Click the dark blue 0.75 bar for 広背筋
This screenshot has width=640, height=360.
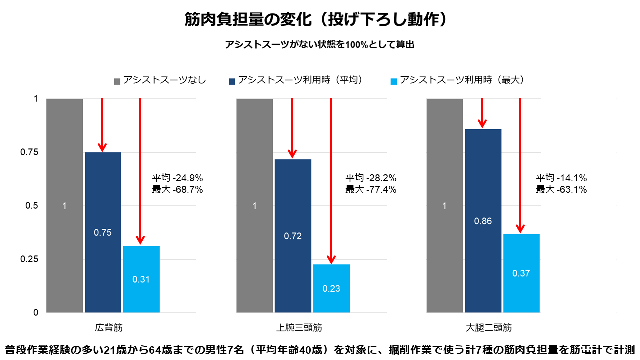[x=103, y=232]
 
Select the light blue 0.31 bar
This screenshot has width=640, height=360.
[x=141, y=279]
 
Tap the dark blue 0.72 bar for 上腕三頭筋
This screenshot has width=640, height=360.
[x=293, y=236]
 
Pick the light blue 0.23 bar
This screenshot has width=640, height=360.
[x=331, y=288]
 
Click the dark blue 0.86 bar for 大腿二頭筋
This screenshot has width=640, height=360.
[x=483, y=221]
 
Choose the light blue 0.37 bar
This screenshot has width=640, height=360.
[x=521, y=273]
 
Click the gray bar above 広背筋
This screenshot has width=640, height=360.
[x=64, y=205]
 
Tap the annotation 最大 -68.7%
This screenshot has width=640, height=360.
[x=177, y=190]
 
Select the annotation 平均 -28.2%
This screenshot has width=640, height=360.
[x=371, y=178]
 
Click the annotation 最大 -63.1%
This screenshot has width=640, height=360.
[x=561, y=190]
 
